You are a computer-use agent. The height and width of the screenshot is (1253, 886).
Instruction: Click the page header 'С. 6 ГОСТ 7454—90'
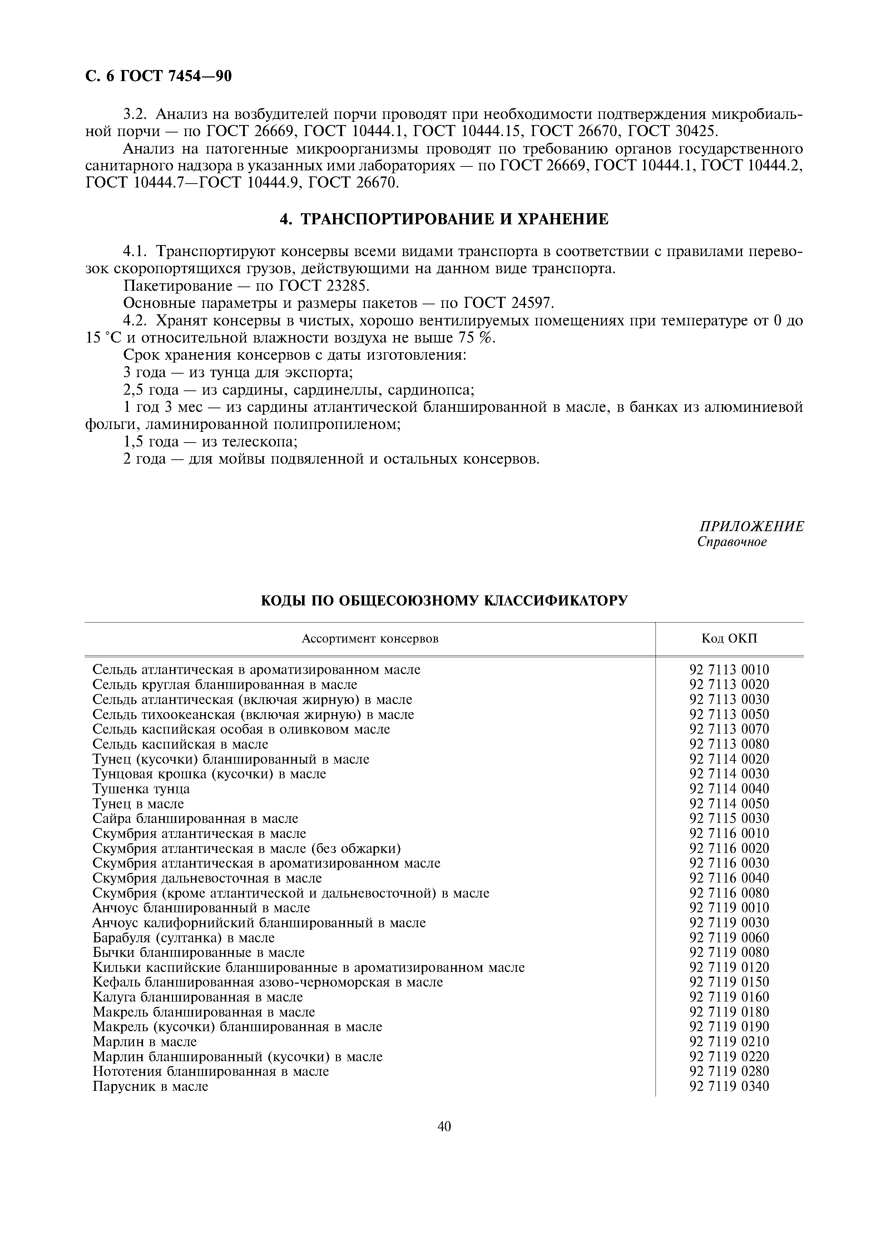(x=159, y=76)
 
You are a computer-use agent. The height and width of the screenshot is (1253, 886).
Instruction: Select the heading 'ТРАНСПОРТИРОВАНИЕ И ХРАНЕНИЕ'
(x=454, y=219)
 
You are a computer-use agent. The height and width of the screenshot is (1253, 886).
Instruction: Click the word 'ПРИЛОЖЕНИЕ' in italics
(x=751, y=526)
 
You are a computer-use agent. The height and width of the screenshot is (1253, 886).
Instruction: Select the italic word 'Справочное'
(x=732, y=543)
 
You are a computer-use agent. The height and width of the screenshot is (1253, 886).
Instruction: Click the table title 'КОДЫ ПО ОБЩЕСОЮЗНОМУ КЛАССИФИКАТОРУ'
(x=444, y=601)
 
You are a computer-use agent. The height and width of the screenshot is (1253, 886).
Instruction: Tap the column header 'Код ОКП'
(x=729, y=639)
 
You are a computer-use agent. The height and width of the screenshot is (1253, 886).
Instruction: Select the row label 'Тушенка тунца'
(x=142, y=789)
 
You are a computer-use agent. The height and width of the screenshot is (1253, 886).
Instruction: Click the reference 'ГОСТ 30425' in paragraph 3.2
(x=674, y=131)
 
